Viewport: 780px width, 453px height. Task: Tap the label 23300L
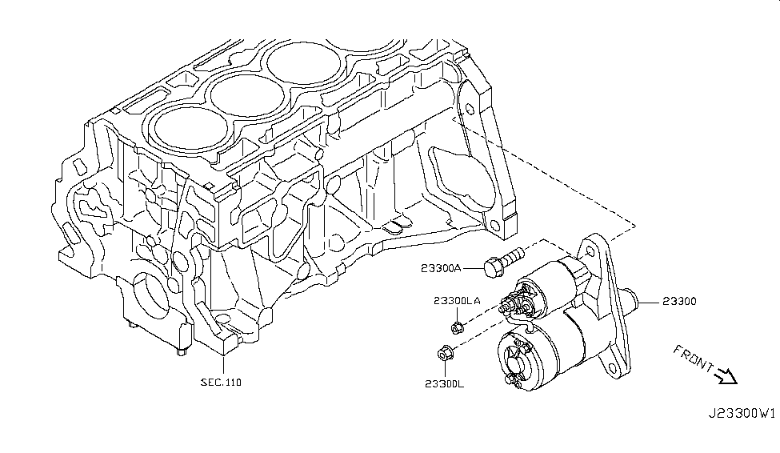[445, 383]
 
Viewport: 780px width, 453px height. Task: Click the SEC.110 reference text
[221, 382]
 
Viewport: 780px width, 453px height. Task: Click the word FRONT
[694, 359]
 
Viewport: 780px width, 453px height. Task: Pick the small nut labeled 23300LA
[457, 327]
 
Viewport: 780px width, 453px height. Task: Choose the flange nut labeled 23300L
[445, 351]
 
